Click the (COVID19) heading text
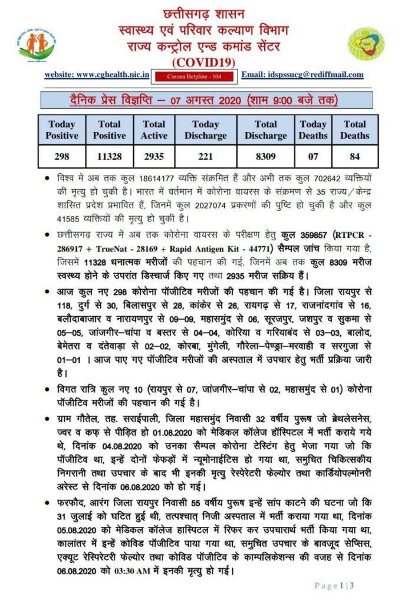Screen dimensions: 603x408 tap(203, 61)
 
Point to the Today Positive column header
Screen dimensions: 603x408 tap(62, 130)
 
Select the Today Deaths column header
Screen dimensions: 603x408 tap(313, 130)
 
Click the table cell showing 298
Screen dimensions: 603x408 tap(62, 157)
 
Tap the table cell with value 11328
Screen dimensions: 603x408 tap(109, 157)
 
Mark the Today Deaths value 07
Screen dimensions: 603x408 tap(313, 157)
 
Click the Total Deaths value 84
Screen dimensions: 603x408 tap(354, 157)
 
